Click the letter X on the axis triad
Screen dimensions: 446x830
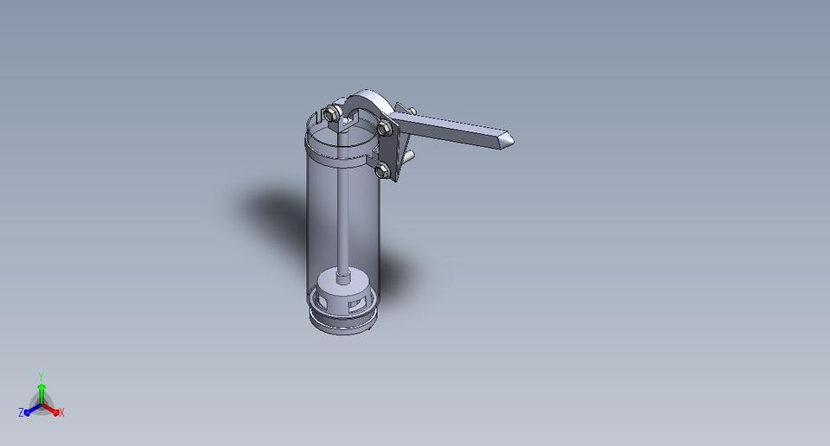[62, 413]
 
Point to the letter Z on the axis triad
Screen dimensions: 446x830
[21, 413]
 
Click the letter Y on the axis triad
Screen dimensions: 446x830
[41, 377]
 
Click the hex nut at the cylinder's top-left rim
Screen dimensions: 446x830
[331, 113]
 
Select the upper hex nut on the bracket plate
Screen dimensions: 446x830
[386, 129]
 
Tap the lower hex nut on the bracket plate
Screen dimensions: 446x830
[382, 169]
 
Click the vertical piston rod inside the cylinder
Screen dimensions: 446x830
[344, 207]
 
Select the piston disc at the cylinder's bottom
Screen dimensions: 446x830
[344, 280]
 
